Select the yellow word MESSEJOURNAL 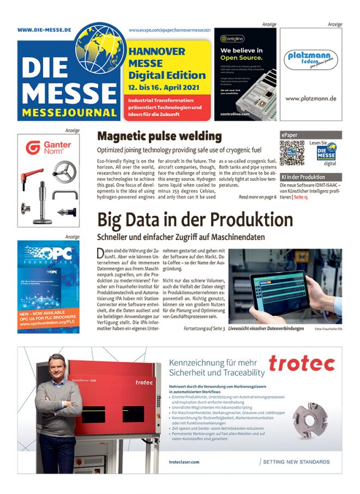click(x=70, y=113)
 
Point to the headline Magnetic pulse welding click(x=159, y=136)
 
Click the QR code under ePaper click(x=292, y=153)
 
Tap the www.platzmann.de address click(x=311, y=99)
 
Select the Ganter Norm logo click(x=48, y=148)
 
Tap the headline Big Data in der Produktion click(x=195, y=220)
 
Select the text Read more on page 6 click(x=257, y=197)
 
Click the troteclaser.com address click(x=184, y=461)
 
